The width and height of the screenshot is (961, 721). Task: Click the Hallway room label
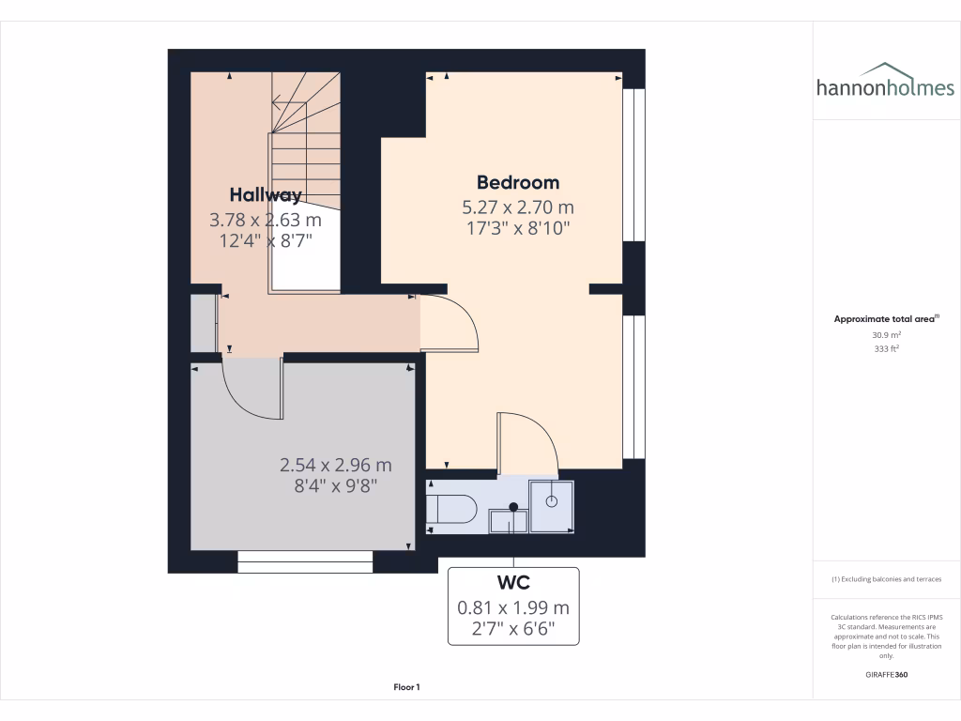pyautogui.click(x=266, y=195)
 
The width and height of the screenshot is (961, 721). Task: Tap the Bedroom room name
pyautogui.click(x=518, y=182)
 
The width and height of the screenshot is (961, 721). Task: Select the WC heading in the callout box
pyautogui.click(x=513, y=582)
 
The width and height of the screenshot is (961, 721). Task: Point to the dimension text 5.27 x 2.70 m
pyautogui.click(x=518, y=207)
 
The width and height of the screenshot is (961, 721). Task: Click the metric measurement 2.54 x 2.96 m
pyautogui.click(x=336, y=465)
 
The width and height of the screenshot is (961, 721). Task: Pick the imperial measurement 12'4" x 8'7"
pyautogui.click(x=266, y=240)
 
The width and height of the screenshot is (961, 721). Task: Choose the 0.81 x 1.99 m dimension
pyautogui.click(x=513, y=607)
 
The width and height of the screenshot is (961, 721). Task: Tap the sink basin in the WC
pyautogui.click(x=509, y=518)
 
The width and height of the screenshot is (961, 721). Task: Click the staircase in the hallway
pyautogui.click(x=305, y=178)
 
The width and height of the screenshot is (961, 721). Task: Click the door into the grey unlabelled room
pyautogui.click(x=253, y=390)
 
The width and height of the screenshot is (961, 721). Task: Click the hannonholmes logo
pyautogui.click(x=885, y=82)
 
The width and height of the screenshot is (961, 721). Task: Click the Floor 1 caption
pyautogui.click(x=406, y=687)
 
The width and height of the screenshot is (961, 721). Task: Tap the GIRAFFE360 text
pyautogui.click(x=886, y=674)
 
